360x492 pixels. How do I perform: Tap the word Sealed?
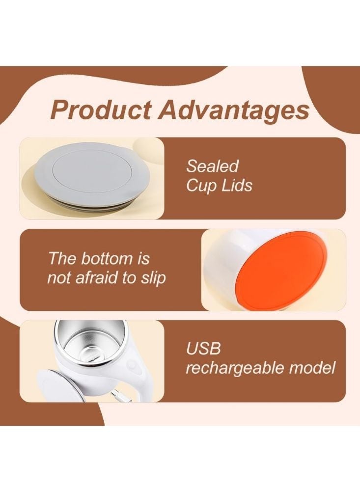(x=212, y=166)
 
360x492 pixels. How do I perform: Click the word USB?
(x=203, y=349)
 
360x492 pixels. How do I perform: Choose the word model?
(x=313, y=368)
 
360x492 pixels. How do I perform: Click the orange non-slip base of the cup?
(x=282, y=270)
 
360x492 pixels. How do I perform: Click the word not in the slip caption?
(x=58, y=278)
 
